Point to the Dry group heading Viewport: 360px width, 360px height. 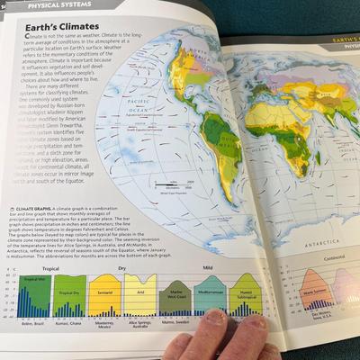pos(121,267)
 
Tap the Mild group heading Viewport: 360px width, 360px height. pos(206,267)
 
